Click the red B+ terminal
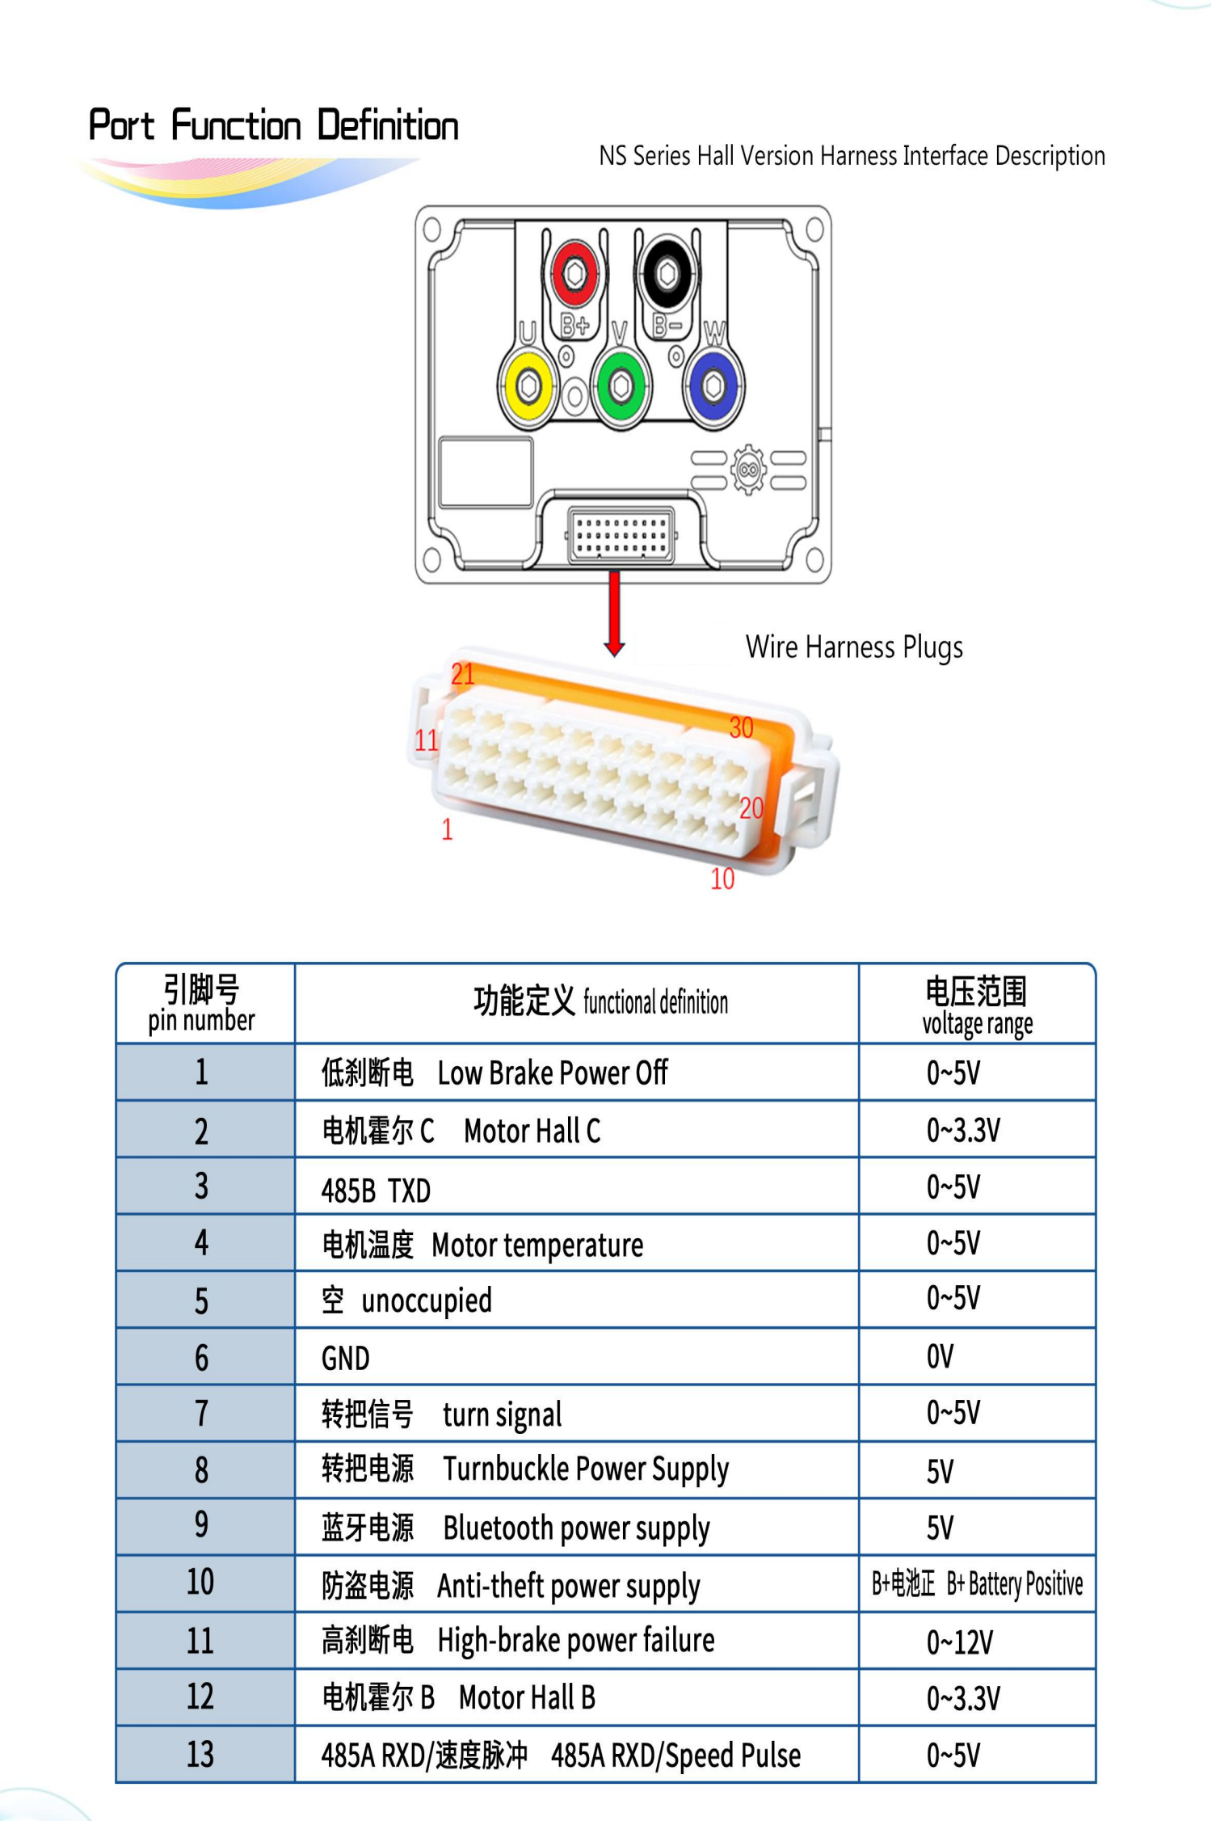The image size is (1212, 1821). click(574, 274)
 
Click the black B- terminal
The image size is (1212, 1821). click(667, 274)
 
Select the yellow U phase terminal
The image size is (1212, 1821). click(528, 386)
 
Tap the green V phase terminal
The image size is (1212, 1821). click(621, 386)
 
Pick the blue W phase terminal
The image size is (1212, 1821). click(713, 386)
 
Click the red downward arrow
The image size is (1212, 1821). click(615, 613)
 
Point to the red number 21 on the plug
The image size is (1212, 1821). click(463, 674)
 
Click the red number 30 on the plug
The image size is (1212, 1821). click(741, 727)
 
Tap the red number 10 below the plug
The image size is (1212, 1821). click(722, 879)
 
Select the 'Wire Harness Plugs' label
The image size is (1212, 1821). click(854, 647)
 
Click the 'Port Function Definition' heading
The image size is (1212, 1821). click(274, 125)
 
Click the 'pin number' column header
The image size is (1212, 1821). click(202, 1020)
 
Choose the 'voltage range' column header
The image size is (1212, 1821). click(978, 1023)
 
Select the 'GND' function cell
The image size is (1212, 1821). click(346, 1358)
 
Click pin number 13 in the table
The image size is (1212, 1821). click(201, 1755)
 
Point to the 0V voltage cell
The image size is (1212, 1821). click(941, 1356)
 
